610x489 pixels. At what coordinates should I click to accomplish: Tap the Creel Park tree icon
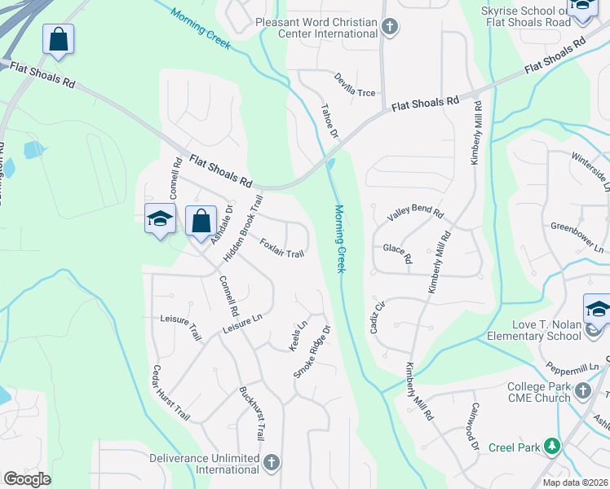pos(553,446)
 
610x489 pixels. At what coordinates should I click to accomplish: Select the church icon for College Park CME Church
pos(582,392)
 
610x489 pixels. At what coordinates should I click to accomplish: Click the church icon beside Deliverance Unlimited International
pos(272,463)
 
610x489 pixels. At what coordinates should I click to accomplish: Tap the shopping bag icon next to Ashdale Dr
pos(201,221)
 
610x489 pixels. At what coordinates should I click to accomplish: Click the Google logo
pos(27,478)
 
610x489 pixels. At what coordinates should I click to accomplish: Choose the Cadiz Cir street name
pos(378,317)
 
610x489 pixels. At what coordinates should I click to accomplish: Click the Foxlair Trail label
pos(281,249)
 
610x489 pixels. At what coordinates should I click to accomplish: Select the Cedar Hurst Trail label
pos(170,393)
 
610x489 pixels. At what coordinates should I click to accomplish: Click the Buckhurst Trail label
pos(252,413)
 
